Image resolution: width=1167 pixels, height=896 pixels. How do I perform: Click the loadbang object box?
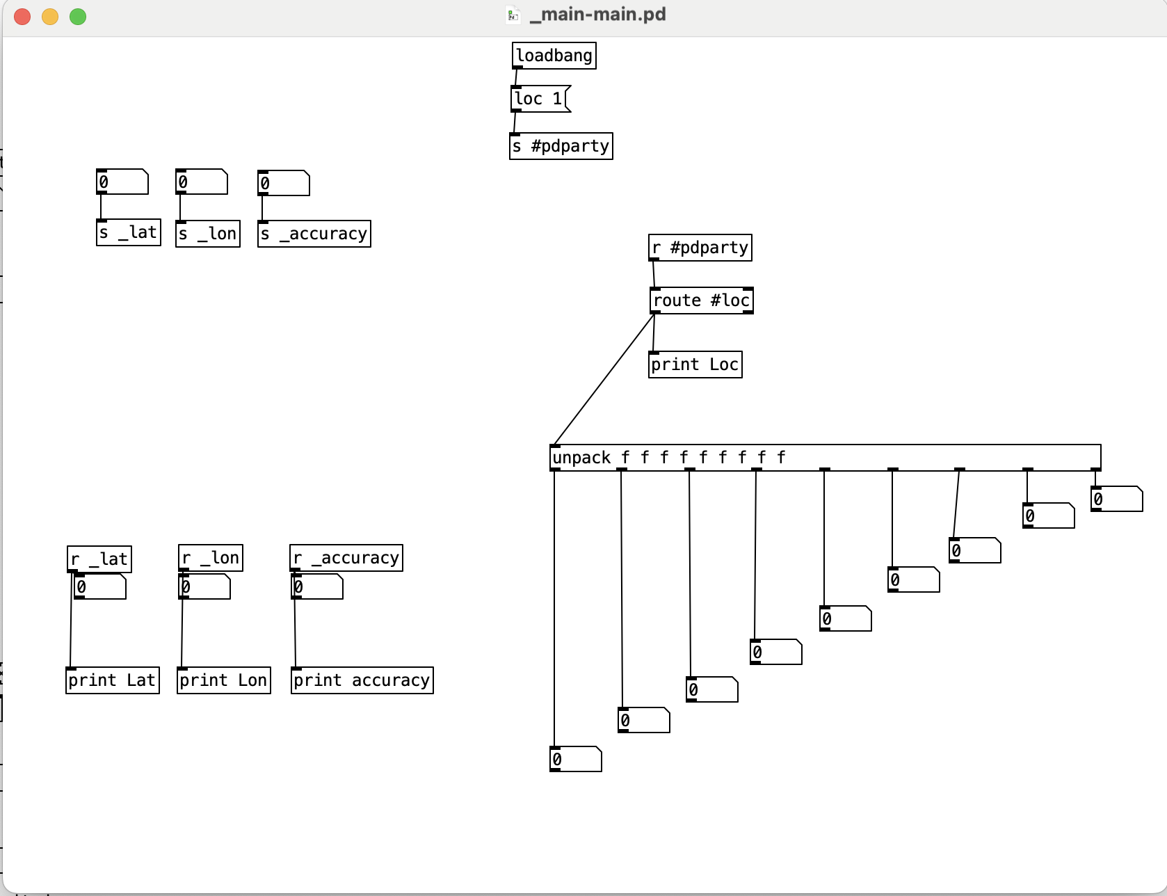[554, 56]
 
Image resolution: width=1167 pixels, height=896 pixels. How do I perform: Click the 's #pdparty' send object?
[561, 146]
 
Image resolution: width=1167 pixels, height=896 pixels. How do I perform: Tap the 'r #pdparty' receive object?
[700, 248]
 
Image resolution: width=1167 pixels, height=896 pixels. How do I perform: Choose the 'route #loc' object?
[701, 301]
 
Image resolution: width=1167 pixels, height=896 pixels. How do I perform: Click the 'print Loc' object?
[695, 365]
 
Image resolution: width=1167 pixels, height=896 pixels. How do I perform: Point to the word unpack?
[581, 458]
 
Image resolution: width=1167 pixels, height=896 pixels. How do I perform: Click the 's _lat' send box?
[128, 232]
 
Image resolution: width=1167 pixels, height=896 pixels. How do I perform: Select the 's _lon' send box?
[207, 234]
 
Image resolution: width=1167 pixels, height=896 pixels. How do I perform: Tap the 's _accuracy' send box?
[314, 234]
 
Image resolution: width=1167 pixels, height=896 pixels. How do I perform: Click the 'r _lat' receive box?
[99, 559]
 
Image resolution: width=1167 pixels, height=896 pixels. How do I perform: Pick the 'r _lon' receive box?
[210, 558]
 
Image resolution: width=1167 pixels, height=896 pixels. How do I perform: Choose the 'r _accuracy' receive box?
[346, 558]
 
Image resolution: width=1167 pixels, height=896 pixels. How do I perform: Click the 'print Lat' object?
[112, 680]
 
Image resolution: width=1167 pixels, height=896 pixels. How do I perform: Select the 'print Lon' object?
[223, 680]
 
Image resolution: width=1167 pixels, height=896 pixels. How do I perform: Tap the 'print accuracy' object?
[362, 680]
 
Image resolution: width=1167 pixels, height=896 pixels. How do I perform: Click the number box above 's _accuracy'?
[283, 183]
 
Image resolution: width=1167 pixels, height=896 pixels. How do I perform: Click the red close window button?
[22, 16]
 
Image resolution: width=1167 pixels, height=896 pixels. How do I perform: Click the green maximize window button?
[78, 16]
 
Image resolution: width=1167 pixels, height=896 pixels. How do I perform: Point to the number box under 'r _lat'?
[100, 587]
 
